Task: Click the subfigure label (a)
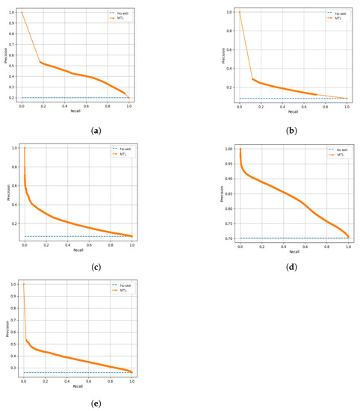point(75,130)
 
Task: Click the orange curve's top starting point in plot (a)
point(22,12)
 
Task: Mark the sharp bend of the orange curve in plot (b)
point(252,78)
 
